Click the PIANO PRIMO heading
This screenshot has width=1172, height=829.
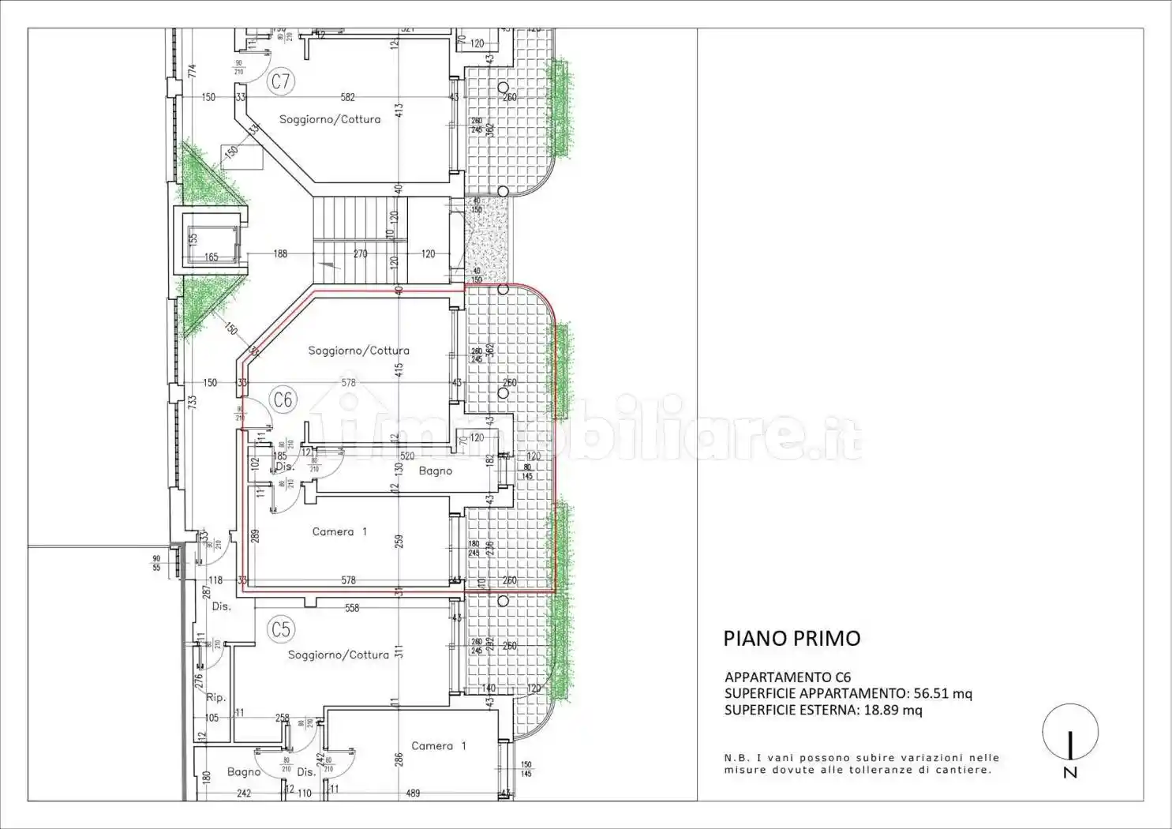792,639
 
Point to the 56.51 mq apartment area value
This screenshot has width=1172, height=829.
943,694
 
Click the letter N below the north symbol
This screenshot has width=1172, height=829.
1070,773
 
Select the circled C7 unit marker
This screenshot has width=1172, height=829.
281,81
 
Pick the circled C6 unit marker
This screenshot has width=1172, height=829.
283,399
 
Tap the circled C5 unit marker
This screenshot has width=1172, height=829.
281,629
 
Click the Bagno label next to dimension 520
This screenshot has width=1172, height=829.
436,471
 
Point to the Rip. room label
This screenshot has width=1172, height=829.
216,698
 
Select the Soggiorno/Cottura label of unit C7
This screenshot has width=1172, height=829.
330,119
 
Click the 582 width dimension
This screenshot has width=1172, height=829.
348,97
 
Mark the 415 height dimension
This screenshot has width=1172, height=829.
399,368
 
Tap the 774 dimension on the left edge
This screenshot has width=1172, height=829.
192,71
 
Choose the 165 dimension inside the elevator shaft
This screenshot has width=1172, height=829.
211,257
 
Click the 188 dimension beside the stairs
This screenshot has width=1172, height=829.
280,253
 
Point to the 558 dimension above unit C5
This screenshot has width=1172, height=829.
352,608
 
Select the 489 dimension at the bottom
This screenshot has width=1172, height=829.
413,793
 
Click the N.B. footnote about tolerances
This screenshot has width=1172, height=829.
862,763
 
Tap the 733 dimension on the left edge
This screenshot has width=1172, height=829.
192,402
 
